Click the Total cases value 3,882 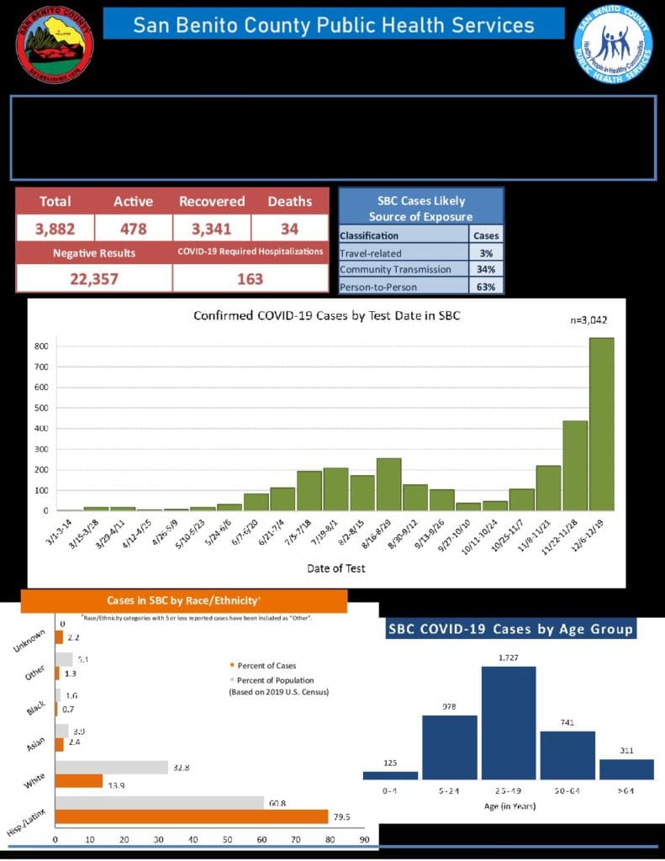(55, 229)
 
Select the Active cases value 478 (133, 229)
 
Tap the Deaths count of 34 (289, 229)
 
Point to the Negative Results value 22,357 (93, 279)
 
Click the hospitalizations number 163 (250, 279)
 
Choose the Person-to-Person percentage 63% (486, 287)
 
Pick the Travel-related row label (371, 253)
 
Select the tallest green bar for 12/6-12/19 (601, 425)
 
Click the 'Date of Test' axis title (335, 568)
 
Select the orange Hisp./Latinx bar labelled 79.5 (192, 816)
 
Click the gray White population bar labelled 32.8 (112, 767)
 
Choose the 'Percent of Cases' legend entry (261, 666)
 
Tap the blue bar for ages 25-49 (508, 723)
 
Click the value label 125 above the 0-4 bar (390, 763)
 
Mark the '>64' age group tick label (625, 792)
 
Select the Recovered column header (212, 202)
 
